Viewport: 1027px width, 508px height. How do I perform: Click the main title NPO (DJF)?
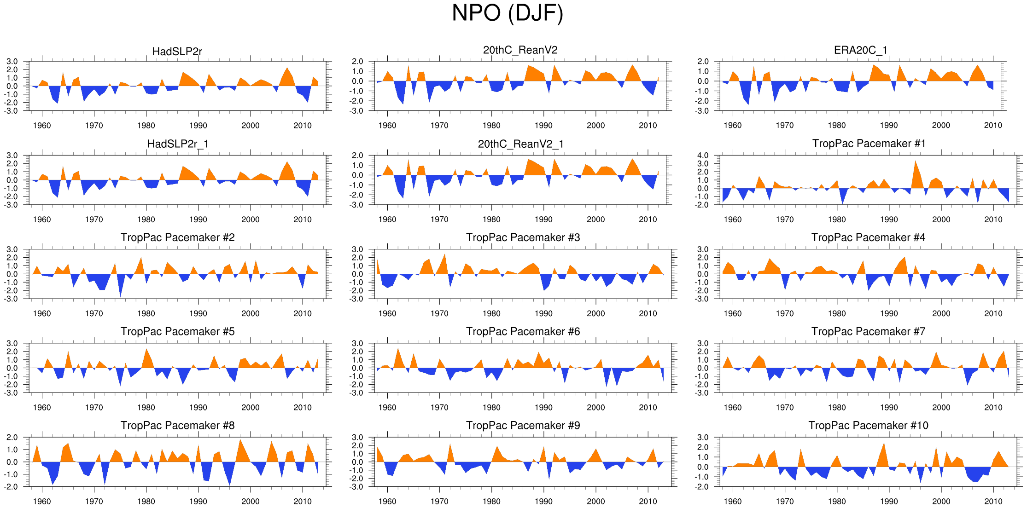(507, 13)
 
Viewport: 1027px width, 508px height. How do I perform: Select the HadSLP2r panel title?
(177, 52)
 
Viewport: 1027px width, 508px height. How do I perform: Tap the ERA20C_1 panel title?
(860, 50)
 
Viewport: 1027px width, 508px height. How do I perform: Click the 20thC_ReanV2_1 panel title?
(520, 144)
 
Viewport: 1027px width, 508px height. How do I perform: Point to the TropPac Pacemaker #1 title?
(869, 144)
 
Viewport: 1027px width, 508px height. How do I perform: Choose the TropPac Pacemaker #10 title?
(868, 425)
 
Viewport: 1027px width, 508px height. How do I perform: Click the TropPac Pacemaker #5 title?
(177, 331)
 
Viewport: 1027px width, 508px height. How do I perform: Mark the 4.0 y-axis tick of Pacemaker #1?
(703, 156)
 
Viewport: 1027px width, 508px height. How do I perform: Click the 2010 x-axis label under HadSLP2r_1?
(303, 219)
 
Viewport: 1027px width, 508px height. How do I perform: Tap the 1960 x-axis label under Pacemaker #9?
(387, 501)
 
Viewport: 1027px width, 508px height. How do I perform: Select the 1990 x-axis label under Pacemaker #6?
(543, 407)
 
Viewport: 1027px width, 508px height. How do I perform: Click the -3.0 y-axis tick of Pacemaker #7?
(702, 393)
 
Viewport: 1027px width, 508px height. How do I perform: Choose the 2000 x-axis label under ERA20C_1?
(941, 125)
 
